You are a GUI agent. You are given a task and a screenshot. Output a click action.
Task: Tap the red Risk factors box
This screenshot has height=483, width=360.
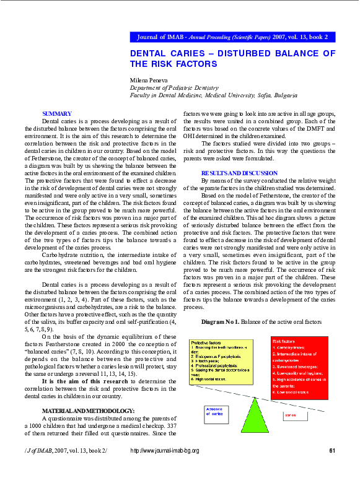[x=300, y=368]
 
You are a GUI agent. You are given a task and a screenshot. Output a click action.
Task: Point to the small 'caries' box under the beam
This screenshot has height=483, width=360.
[x=296, y=416]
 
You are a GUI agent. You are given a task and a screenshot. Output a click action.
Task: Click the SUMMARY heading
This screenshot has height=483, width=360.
[x=56, y=113]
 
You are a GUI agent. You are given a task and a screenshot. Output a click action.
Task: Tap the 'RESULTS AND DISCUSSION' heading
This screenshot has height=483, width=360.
[x=239, y=172]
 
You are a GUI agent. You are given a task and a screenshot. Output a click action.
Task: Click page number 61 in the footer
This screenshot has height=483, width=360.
[x=332, y=451]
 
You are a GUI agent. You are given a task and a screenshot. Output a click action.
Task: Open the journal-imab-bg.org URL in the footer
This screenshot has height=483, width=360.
[x=165, y=451]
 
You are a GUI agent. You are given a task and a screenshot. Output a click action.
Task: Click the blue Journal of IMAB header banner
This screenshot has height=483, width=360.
[x=232, y=37]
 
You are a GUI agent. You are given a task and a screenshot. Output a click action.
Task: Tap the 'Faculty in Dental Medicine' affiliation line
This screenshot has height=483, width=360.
[x=213, y=96]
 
